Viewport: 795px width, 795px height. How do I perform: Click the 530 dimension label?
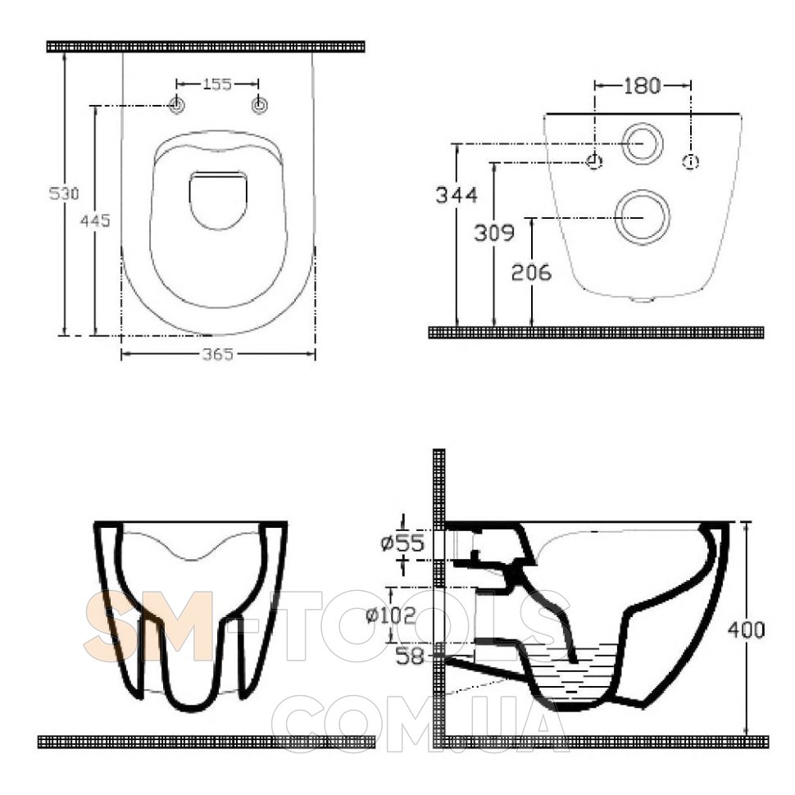[x=64, y=193]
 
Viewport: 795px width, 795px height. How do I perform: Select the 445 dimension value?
[x=95, y=220]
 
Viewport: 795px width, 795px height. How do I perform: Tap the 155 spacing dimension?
[x=217, y=84]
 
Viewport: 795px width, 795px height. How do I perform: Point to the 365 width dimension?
[x=218, y=354]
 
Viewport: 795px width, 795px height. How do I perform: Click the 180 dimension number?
[x=642, y=86]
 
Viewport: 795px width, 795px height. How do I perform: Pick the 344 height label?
[x=457, y=195]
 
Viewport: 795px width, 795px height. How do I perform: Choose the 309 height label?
[x=494, y=233]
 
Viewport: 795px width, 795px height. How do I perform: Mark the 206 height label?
[x=531, y=272]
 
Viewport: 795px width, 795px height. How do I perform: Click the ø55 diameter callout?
[x=402, y=543]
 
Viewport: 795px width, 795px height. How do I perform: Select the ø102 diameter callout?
[x=390, y=615]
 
